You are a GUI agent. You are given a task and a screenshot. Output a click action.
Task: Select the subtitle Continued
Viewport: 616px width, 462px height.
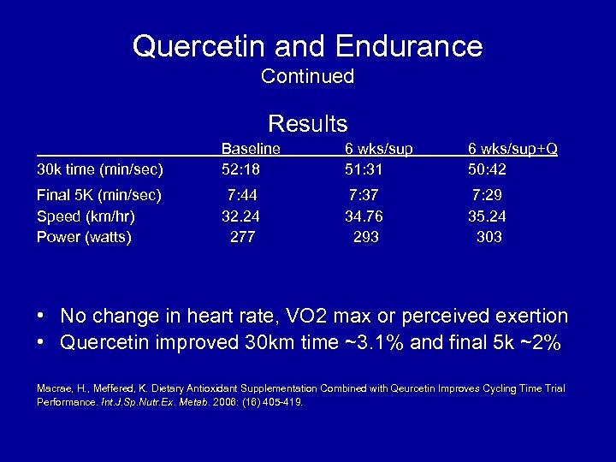(307, 76)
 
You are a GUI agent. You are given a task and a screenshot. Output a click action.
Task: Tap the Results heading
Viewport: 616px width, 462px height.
(307, 123)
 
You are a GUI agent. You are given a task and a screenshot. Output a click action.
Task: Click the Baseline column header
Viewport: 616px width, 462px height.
(251, 149)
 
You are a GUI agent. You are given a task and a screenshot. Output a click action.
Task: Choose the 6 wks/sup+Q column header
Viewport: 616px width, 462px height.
(512, 149)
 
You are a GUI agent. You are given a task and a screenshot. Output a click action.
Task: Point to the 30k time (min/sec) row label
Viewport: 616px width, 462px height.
(100, 169)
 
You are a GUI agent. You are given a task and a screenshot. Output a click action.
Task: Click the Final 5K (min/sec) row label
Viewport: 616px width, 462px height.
(99, 195)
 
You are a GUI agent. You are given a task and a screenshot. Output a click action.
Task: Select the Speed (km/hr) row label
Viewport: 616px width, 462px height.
(86, 216)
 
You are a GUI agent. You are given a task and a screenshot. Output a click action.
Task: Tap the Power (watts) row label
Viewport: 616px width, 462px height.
(84, 237)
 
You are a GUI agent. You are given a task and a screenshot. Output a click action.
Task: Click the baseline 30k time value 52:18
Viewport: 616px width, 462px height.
(240, 169)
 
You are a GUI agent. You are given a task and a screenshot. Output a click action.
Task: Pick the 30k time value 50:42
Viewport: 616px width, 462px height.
(487, 169)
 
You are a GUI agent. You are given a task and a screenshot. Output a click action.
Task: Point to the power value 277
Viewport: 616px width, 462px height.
(242, 237)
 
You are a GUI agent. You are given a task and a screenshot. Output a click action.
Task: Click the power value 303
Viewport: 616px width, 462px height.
(489, 237)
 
